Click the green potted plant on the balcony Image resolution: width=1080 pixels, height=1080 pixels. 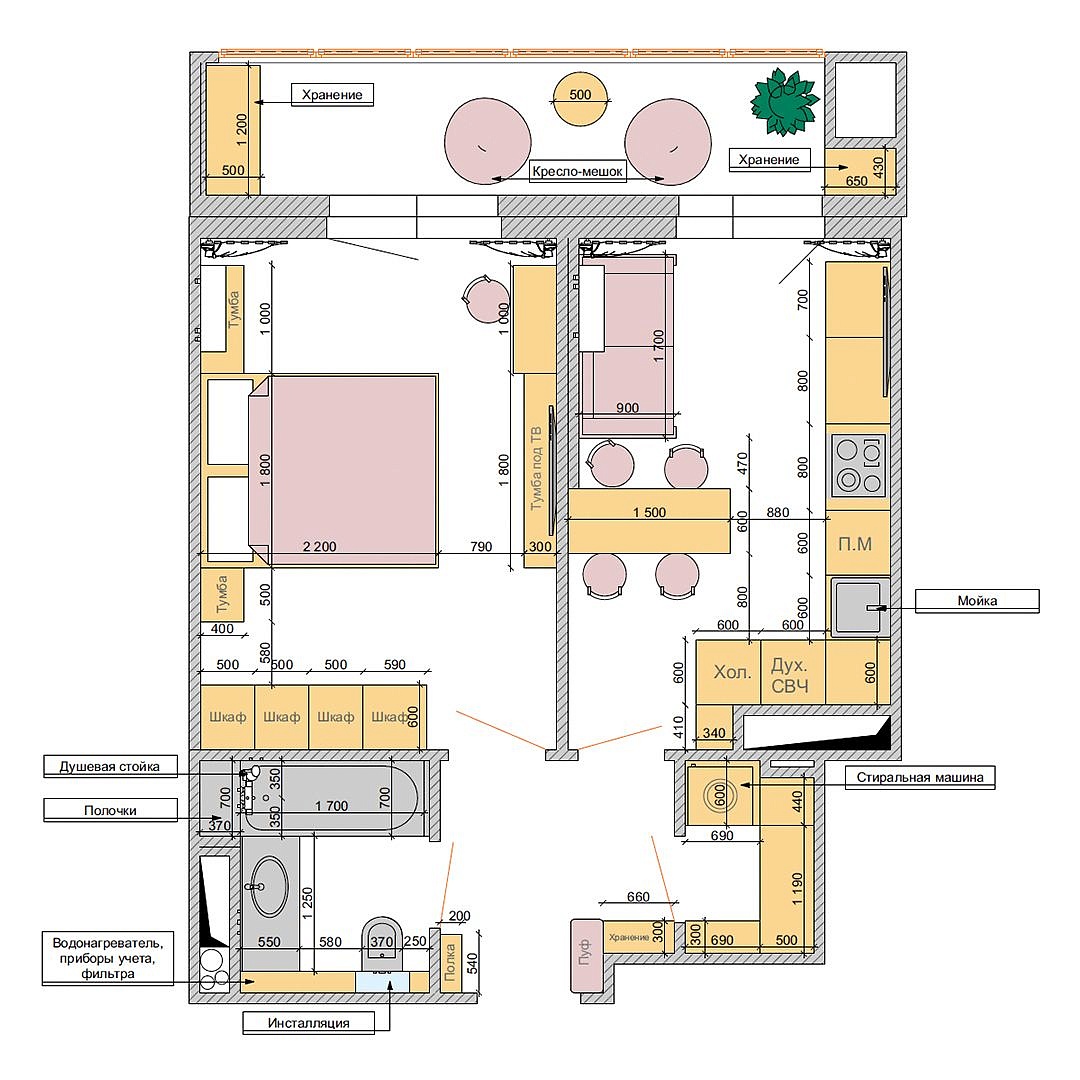pos(785,102)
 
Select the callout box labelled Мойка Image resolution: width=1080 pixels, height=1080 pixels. pos(977,601)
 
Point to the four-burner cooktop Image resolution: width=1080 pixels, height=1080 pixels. pos(859,465)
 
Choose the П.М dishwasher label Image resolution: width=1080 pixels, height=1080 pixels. pos(855,544)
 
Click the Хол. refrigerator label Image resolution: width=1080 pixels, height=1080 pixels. pos(732,672)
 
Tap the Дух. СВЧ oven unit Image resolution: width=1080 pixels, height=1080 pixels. pos(792,672)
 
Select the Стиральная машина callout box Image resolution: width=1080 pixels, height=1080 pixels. pos(920,778)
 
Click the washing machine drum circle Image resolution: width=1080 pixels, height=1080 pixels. pos(720,796)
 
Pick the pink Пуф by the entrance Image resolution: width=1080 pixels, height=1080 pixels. pos(586,954)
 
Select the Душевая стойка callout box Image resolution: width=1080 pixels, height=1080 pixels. pos(110,767)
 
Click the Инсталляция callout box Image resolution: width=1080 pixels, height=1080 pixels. pos(309,1023)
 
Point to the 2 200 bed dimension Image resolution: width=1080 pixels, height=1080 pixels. pos(320,547)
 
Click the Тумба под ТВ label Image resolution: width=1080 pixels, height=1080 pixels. pos(536,468)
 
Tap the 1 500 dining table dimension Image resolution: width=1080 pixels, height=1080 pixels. pos(650,512)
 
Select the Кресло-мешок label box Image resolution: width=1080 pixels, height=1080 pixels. pos(578,172)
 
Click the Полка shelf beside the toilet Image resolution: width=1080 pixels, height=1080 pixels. pos(450,963)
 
